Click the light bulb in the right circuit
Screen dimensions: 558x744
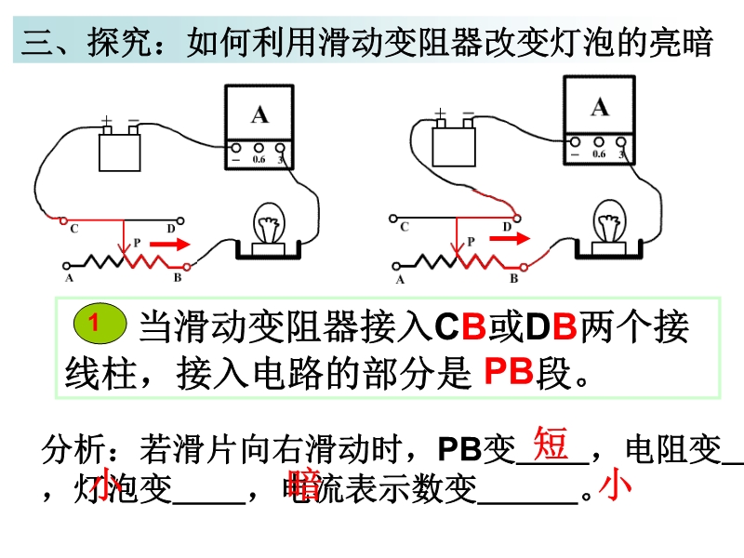point(609,222)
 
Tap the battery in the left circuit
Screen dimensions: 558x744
point(121,149)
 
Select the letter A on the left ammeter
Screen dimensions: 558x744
point(259,114)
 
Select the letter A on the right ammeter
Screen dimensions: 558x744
point(600,107)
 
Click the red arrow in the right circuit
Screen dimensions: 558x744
point(508,239)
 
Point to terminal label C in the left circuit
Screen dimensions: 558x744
point(73,230)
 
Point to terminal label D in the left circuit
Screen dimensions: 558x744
point(171,229)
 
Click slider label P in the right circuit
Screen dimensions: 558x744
point(472,241)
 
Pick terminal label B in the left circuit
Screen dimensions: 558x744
point(176,277)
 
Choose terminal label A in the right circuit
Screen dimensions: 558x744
point(400,279)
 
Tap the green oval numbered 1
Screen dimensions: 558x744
point(96,322)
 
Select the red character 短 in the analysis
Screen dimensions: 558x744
point(551,445)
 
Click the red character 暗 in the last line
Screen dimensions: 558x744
point(305,484)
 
